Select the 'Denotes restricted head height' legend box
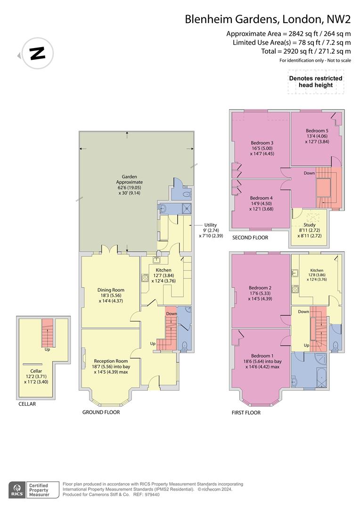315,82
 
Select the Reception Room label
111,366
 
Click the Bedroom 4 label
262,203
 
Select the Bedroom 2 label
261,293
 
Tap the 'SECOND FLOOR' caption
250,238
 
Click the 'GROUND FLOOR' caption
101,412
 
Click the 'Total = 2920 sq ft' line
306,51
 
